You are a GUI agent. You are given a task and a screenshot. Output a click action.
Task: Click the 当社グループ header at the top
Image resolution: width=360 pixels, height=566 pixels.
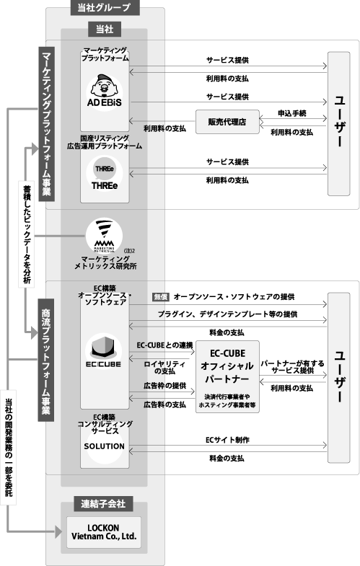pos(105,7)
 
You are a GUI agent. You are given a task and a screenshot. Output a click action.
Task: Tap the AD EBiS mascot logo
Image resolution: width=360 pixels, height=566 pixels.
pos(105,92)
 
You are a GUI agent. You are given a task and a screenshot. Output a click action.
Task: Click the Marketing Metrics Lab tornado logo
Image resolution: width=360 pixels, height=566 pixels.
pos(104,236)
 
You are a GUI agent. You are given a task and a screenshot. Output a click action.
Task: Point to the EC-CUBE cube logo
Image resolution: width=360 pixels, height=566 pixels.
pos(104,350)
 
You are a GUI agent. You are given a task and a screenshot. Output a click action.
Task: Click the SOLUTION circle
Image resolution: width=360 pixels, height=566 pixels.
pos(105,446)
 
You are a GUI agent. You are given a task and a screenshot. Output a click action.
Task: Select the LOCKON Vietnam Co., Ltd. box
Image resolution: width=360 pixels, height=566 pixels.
pos(104,532)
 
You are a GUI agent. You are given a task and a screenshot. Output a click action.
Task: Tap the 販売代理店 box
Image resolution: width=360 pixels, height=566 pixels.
pos(227,122)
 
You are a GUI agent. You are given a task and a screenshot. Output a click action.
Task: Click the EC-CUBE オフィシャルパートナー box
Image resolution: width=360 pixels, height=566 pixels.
pos(227,376)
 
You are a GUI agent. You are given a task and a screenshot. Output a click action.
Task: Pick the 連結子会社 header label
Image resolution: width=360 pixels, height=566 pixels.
pos(104,503)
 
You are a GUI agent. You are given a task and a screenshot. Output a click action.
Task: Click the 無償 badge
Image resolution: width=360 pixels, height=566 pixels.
pos(161,297)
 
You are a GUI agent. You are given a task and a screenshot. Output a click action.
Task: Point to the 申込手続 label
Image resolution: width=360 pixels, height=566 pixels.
pos(291,113)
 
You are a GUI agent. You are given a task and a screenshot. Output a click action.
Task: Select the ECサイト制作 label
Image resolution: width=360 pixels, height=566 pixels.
pos(227,440)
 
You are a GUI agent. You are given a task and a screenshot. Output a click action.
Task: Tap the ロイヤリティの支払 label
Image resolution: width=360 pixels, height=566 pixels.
pos(164,367)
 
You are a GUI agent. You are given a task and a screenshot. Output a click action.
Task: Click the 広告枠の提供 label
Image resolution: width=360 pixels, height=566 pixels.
pos(164,386)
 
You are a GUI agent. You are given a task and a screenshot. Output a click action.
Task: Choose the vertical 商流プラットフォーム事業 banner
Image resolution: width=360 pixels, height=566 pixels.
pos(46,360)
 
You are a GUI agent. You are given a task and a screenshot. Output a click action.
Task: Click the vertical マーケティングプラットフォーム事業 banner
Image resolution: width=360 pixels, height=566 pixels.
pos(47,124)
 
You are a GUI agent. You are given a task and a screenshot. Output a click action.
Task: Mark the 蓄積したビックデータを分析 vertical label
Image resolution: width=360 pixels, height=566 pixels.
pos(27,234)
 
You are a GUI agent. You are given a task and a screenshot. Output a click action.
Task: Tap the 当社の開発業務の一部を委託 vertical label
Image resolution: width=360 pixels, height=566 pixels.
pos(9,447)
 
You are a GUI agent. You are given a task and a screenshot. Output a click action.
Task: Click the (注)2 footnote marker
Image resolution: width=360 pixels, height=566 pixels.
pos(129,250)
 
